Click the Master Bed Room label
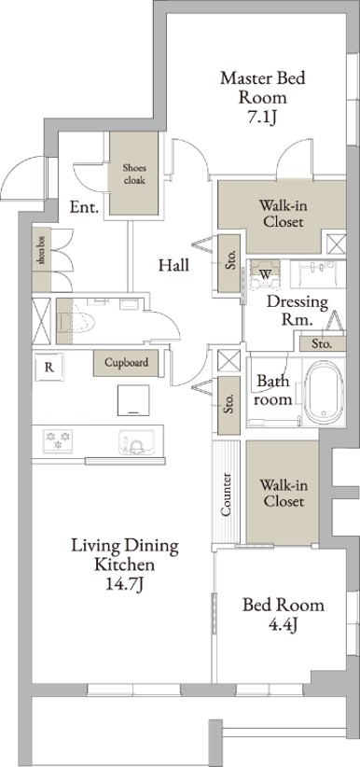263,88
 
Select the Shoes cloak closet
133,174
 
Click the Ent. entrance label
84,207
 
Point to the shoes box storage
42,259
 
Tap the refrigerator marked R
49,368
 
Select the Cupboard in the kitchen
126,363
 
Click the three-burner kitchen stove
58,440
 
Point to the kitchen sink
136,441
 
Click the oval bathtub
325,393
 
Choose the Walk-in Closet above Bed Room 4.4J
284,492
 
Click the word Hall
173,266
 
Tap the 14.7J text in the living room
124,583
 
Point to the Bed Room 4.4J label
284,615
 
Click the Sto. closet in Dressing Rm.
323,343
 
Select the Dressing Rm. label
298,310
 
